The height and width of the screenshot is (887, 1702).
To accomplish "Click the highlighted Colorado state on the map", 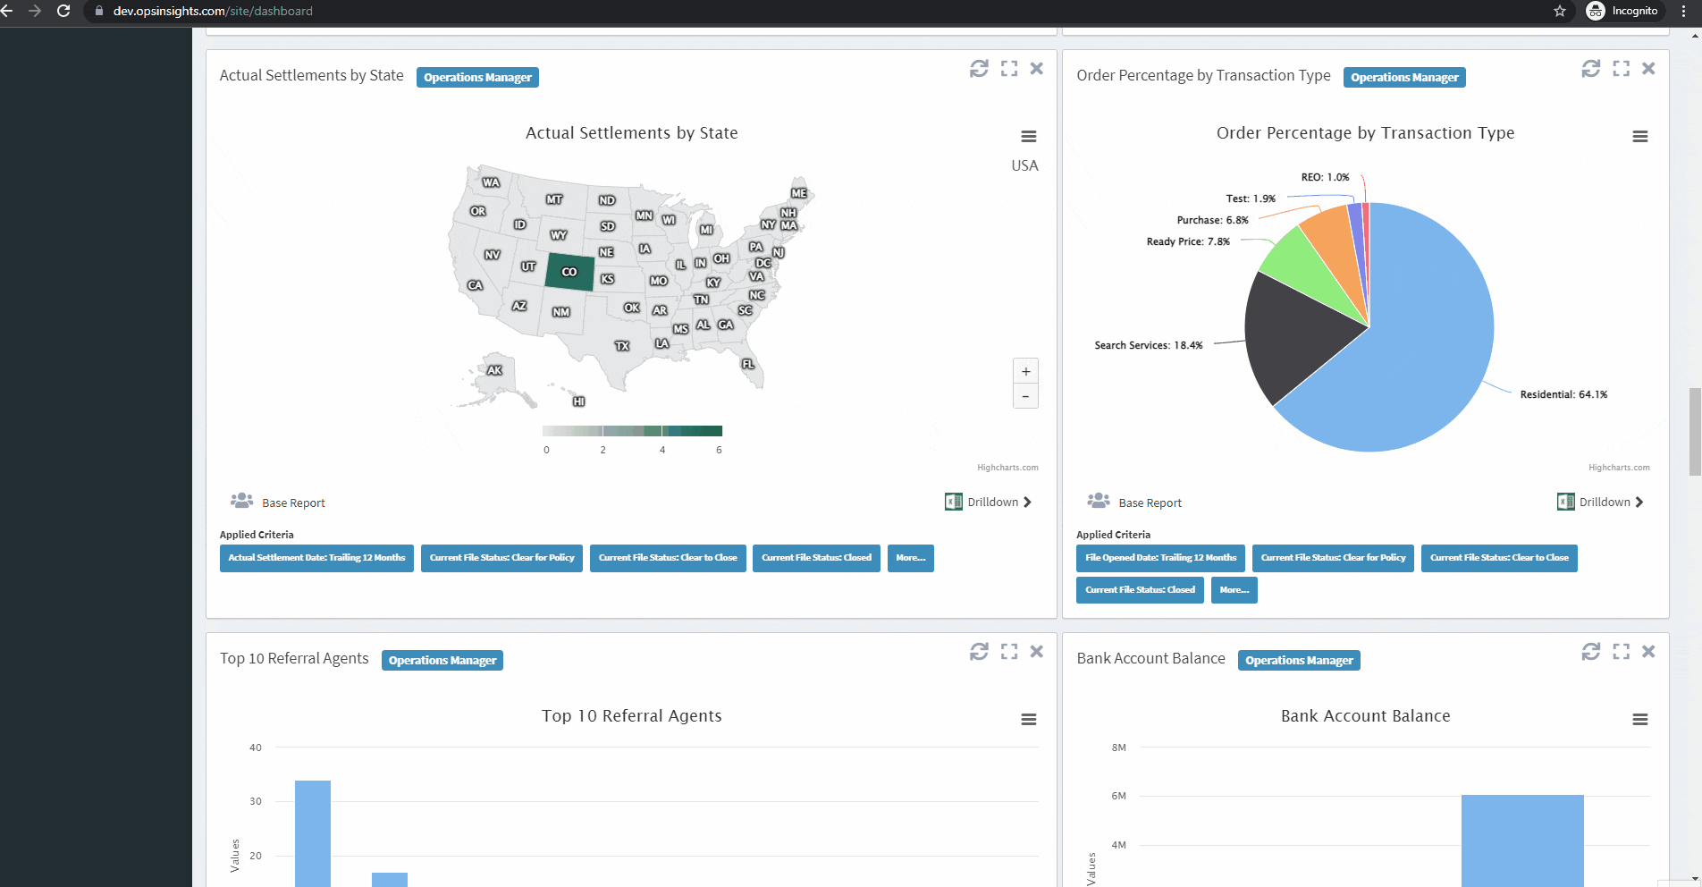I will (569, 272).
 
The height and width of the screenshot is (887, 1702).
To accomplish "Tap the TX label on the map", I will (622, 346).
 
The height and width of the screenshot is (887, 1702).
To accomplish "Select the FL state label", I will (748, 364).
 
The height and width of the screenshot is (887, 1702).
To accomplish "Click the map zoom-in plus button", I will (1025, 371).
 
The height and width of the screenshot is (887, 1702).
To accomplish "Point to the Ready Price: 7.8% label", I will (1188, 241).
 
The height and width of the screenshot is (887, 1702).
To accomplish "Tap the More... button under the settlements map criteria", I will (910, 558).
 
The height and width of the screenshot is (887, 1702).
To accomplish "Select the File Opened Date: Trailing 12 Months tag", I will (1160, 558).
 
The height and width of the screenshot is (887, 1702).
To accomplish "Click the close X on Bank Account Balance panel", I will (1648, 652).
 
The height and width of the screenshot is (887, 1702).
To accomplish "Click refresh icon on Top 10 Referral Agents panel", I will (979, 652).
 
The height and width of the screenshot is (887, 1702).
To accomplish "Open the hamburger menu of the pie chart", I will (1639, 137).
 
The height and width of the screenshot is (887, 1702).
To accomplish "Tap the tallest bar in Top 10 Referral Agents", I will (313, 832).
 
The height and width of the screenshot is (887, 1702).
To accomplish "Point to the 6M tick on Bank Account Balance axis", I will (1118, 796).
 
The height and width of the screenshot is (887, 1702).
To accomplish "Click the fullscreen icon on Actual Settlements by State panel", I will (1009, 69).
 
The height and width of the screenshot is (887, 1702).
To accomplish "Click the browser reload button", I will (63, 11).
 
